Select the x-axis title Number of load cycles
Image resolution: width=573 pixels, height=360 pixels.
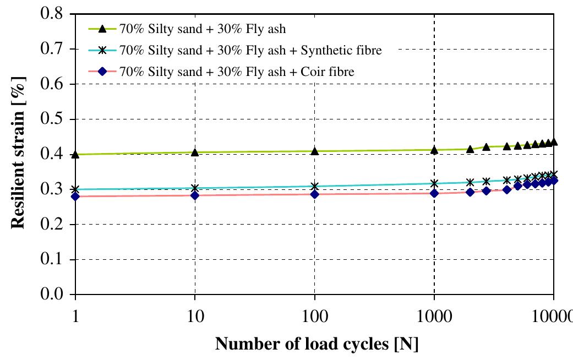[316, 345]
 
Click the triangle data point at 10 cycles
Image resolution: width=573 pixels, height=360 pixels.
[194, 152]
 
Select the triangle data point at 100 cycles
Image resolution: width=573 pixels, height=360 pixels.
[314, 151]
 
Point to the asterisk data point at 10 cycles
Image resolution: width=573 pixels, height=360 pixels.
[194, 188]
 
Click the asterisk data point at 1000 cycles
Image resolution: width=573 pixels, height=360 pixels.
[434, 183]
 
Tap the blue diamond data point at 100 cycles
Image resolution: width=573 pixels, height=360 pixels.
[314, 194]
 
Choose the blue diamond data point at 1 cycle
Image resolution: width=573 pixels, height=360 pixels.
[75, 197]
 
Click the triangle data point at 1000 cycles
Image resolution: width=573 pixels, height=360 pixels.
[434, 150]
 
